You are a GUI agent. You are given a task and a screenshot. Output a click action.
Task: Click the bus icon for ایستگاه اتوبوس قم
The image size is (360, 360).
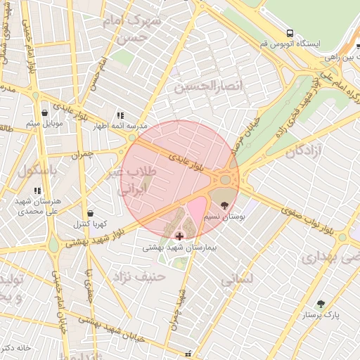pos(290,33)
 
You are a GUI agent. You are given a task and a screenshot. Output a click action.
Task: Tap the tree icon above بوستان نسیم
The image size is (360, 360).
pos(224,205)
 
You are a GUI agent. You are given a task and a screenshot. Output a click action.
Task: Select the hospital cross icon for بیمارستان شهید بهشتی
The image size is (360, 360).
pos(179,236)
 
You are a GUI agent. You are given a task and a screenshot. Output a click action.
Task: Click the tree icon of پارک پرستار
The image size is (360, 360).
pos(321,304)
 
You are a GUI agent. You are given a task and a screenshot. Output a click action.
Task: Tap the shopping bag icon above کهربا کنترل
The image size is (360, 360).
pos(90,213)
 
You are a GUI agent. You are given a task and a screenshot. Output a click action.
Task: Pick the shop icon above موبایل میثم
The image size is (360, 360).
pos(45,112)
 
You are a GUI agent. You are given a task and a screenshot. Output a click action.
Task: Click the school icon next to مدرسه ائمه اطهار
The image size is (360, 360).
pos(121,115)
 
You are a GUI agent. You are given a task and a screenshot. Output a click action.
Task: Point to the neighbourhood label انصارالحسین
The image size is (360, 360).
pos(208,86)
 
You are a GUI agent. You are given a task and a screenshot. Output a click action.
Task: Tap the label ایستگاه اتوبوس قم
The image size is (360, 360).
pos(290,44)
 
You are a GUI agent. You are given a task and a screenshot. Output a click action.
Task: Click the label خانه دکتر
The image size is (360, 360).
pos(15,348)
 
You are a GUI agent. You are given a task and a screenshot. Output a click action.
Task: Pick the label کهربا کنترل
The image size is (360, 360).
pos(90,224)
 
